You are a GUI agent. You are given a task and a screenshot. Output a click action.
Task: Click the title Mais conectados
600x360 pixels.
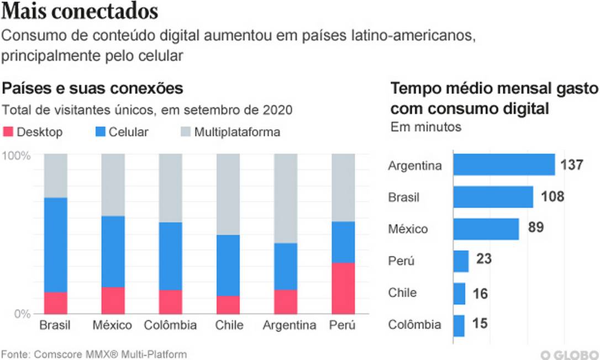pos(80,12)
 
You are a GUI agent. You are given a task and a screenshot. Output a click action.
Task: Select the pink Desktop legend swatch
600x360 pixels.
pos(8,132)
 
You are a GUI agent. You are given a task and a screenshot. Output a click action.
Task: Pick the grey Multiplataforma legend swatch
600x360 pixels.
pos(186,132)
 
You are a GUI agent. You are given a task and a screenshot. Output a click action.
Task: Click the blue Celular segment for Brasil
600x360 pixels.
pos(55,245)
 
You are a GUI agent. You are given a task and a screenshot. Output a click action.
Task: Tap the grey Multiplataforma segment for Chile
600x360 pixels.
pos(228,194)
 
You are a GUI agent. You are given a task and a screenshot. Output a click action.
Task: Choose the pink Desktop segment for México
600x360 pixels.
pos(113,300)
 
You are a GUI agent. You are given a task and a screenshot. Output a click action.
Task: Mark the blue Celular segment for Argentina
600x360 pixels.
pos(285,266)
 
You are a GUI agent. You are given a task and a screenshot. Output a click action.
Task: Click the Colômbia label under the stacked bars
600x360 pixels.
pos(170,325)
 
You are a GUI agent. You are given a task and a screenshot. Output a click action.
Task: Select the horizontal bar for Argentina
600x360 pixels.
pos(503,165)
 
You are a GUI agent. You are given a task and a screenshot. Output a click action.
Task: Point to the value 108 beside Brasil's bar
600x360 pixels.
pos(552,197)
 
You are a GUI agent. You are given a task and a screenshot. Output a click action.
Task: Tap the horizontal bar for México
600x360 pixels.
pos(486,229)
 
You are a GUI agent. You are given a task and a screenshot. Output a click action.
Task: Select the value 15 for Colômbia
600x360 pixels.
pos(480,324)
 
